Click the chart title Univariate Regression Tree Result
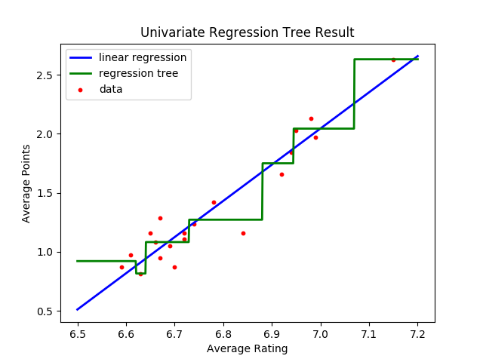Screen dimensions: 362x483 click(x=247, y=32)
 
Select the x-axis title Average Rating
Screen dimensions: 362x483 click(x=247, y=348)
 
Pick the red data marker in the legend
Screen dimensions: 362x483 click(x=81, y=89)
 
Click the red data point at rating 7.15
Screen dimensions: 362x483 click(x=393, y=60)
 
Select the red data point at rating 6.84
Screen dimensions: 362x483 click(x=243, y=233)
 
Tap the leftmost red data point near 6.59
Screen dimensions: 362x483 click(x=122, y=267)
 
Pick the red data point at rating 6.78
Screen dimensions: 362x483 click(x=214, y=202)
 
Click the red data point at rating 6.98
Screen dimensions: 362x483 click(x=311, y=118)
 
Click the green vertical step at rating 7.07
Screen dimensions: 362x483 click(x=354, y=94)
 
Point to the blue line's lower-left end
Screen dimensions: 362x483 click(x=78, y=309)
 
